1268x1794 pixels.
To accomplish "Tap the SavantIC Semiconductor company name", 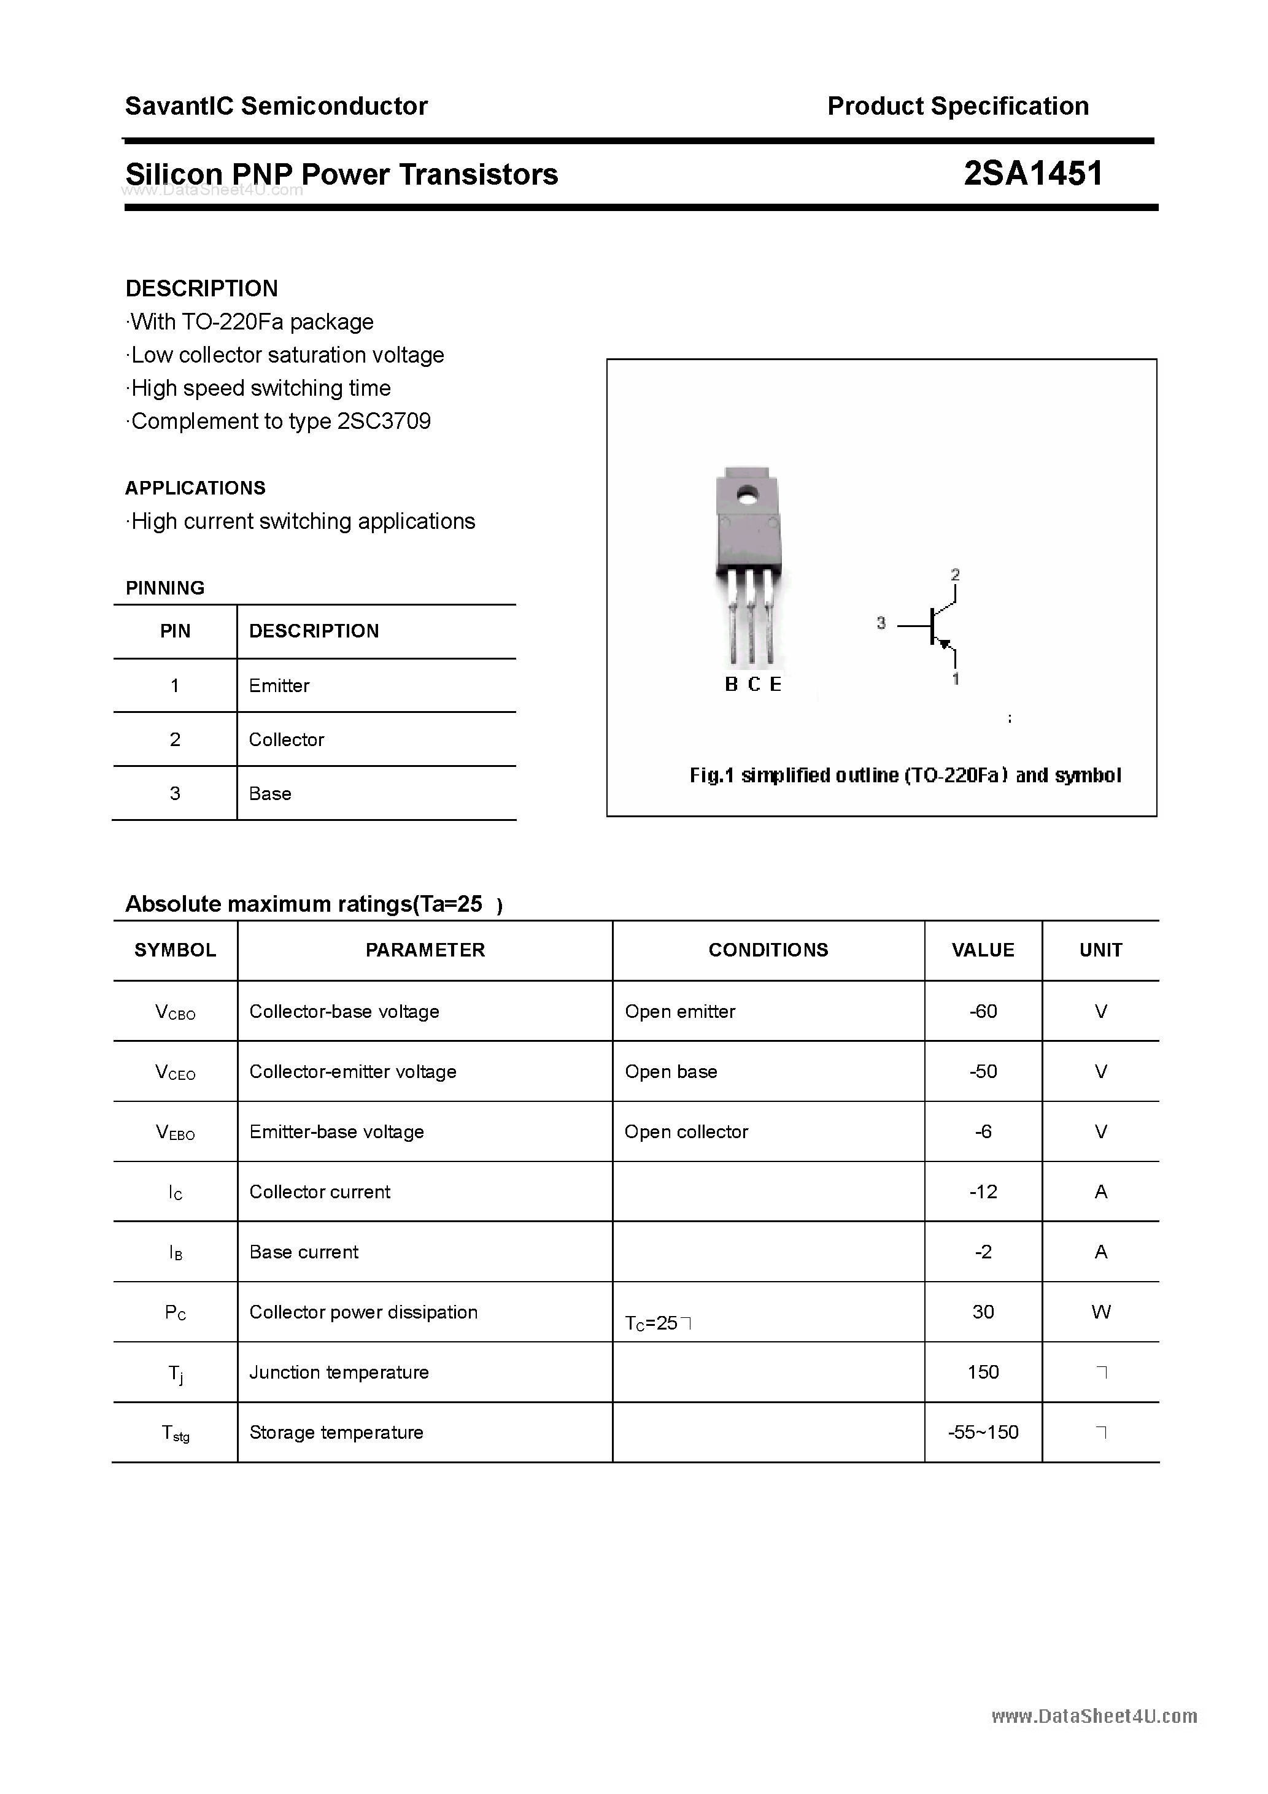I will tap(276, 106).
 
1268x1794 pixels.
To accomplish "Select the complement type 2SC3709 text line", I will tap(280, 421).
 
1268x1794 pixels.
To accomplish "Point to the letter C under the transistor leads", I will tap(754, 685).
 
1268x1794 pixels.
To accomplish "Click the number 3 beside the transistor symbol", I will tap(881, 623).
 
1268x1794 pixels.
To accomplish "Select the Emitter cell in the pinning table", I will tap(279, 686).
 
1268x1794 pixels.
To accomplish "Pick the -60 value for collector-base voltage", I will tap(983, 1012).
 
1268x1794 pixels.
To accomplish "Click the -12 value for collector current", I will tap(983, 1192).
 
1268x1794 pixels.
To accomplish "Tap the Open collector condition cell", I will tap(686, 1132).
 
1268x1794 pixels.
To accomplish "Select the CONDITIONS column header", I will tap(768, 950).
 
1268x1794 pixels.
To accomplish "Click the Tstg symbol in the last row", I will tap(175, 1434).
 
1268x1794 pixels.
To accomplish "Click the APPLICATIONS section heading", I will tap(195, 488).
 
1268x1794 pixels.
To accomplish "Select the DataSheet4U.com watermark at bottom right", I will tap(1094, 1717).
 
